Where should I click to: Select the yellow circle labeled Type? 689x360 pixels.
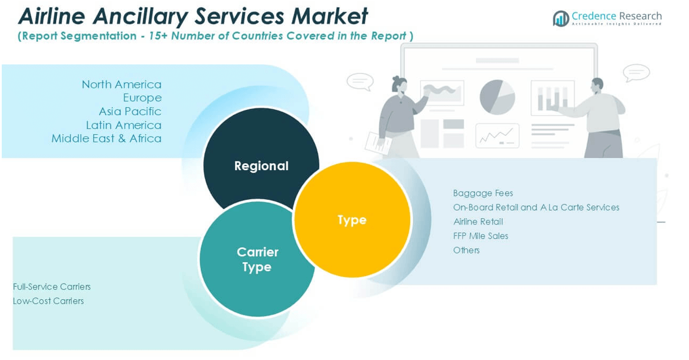[x=352, y=219]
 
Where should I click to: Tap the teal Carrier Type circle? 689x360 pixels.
[x=257, y=259]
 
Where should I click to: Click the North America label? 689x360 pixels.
[x=122, y=85]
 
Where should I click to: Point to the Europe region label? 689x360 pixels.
[x=142, y=98]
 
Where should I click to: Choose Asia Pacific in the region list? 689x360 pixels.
[x=130, y=111]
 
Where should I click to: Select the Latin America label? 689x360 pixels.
[x=123, y=125]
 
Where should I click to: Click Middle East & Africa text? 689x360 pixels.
[x=107, y=138]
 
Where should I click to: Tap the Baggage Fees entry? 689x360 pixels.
[x=483, y=193]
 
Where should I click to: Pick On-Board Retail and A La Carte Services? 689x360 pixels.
[x=536, y=207]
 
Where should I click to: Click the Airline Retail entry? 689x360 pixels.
[x=478, y=222]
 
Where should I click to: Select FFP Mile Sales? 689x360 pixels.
[x=481, y=236]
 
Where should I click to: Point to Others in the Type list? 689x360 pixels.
[x=467, y=250]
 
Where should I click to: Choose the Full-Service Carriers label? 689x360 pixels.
[x=52, y=286]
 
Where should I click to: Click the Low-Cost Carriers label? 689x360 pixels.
[x=49, y=301]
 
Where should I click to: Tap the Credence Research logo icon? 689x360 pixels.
[x=560, y=19]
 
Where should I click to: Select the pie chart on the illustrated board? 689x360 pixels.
[x=497, y=96]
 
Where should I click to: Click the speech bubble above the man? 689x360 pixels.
[x=636, y=73]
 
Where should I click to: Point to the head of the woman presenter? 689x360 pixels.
[x=399, y=85]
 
